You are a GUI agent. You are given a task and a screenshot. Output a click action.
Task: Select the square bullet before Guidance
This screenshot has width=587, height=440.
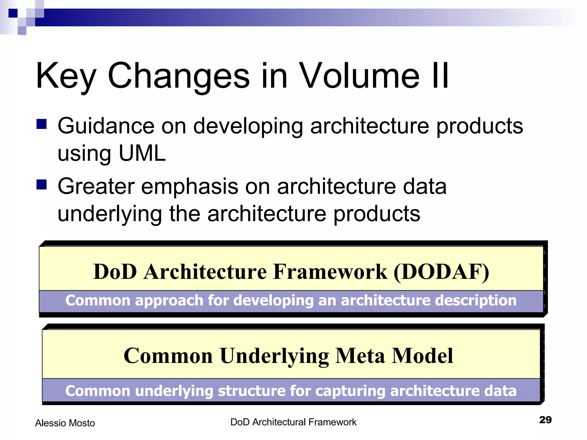pyautogui.click(x=42, y=124)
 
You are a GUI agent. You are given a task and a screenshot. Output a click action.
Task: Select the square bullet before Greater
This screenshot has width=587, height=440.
pyautogui.click(x=42, y=184)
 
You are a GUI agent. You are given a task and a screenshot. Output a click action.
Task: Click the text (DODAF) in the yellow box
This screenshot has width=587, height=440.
pyautogui.click(x=441, y=272)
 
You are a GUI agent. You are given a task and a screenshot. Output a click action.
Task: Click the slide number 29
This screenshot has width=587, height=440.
pyautogui.click(x=545, y=420)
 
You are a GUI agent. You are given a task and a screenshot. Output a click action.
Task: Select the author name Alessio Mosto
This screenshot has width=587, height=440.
pyautogui.click(x=65, y=423)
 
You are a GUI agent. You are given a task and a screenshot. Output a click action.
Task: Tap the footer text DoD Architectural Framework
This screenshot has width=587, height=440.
pyautogui.click(x=293, y=422)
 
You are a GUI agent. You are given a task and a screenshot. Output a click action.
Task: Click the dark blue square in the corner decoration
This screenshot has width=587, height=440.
pyautogui.click(x=13, y=13)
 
